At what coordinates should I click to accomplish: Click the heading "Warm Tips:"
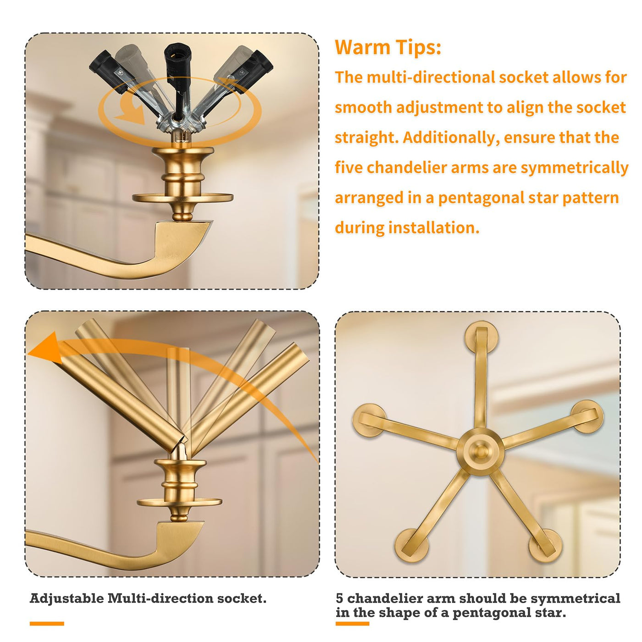click(388, 47)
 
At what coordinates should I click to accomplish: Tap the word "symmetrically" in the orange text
click(575, 167)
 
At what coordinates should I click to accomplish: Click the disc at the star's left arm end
click(370, 420)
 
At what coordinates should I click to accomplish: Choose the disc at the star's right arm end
click(587, 416)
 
